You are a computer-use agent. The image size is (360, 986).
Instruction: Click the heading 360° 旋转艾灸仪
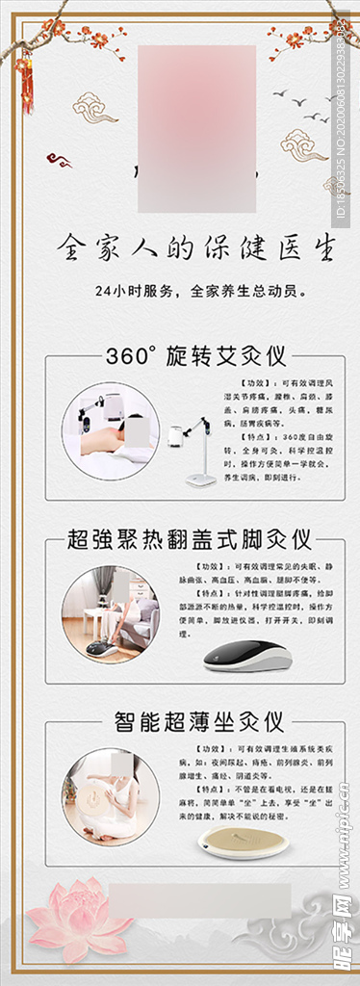click(x=195, y=357)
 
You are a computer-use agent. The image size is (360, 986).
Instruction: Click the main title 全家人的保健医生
click(x=196, y=247)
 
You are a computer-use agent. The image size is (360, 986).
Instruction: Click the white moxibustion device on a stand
click(x=197, y=448)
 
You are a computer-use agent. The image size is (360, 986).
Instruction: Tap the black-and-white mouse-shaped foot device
click(x=246, y=656)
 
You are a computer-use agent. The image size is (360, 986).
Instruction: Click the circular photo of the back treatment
click(x=111, y=430)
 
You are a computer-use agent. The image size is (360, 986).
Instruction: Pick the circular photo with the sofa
click(x=111, y=613)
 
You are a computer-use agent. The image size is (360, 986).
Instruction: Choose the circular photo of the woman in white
click(x=111, y=796)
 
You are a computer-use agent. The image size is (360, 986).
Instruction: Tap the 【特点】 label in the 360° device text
click(x=239, y=438)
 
